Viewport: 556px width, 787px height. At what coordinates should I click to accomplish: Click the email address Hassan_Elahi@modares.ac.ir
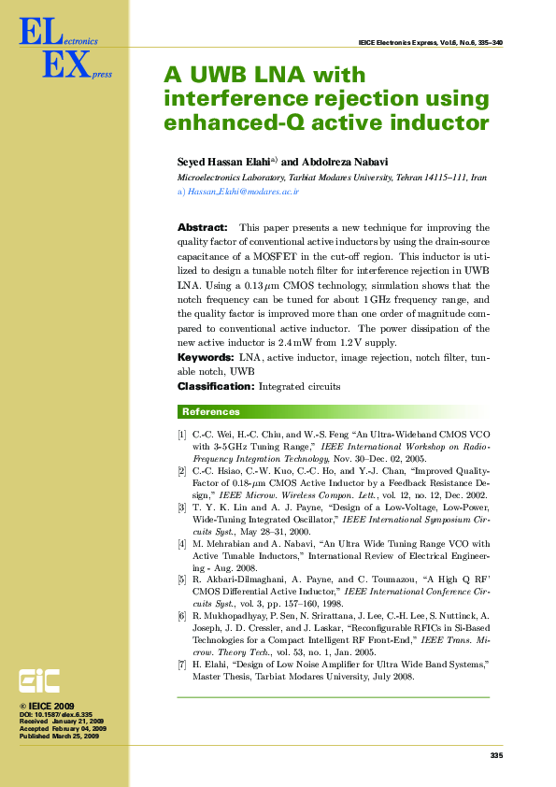(x=243, y=191)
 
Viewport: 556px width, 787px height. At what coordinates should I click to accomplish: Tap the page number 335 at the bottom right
(x=496, y=754)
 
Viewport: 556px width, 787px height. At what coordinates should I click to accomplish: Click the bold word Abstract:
(x=202, y=227)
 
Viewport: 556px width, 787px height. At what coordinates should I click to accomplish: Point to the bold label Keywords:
(x=206, y=358)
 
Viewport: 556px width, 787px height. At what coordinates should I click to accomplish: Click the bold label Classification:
(x=215, y=386)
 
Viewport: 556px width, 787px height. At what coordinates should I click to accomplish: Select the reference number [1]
(x=182, y=436)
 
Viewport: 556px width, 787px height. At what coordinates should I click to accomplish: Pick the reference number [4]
(x=182, y=543)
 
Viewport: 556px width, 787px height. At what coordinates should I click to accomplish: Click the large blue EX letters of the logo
(x=66, y=65)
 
